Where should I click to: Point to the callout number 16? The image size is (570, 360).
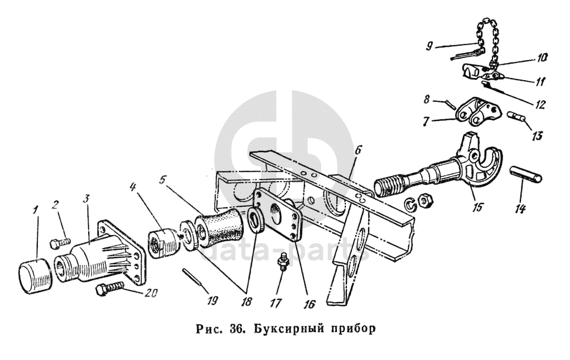(x=310, y=304)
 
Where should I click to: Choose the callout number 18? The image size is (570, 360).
(x=245, y=300)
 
